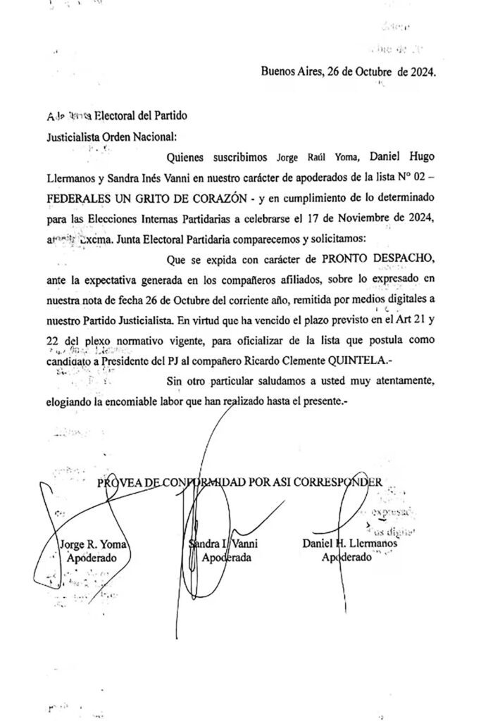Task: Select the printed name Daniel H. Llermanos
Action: point(350,544)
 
